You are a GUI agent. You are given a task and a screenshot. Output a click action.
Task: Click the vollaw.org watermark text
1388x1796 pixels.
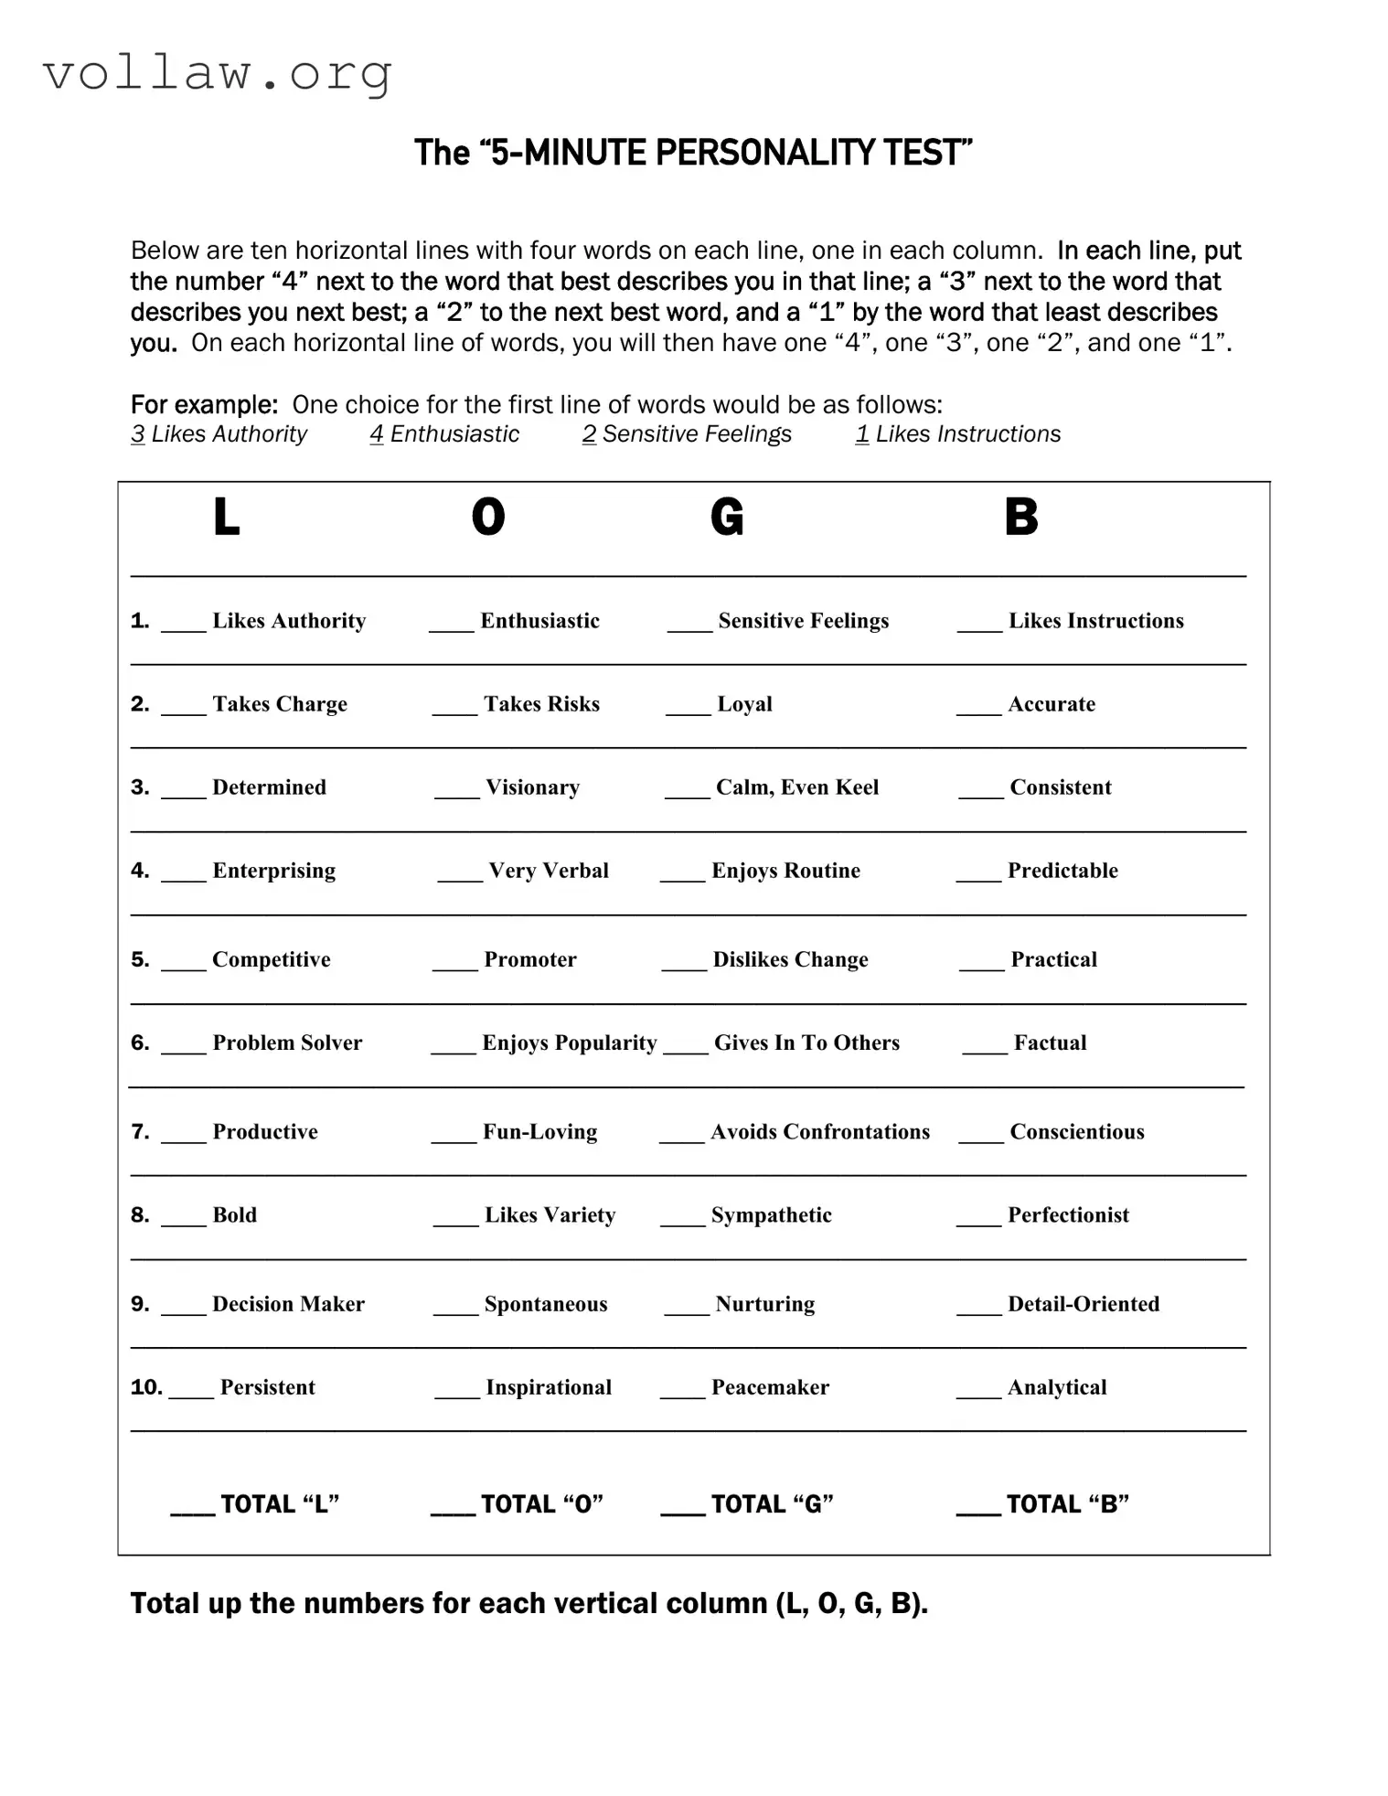218,73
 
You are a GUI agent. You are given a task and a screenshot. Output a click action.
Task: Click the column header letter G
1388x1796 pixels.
727,518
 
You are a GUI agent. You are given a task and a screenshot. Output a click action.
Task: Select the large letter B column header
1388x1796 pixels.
1020,518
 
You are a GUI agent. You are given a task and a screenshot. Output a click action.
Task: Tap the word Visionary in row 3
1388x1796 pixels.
532,787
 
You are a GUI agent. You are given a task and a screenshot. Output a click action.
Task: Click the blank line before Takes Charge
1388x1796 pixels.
184,710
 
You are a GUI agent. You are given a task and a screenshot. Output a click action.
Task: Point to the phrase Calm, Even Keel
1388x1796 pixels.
796,787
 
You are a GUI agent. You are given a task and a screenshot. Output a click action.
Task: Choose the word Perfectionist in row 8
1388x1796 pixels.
1068,1215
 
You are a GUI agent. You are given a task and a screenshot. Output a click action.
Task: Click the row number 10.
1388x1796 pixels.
146,1387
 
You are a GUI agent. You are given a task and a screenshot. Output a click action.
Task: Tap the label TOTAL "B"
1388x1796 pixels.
1067,1504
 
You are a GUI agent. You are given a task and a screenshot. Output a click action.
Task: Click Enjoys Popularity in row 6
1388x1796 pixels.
569,1043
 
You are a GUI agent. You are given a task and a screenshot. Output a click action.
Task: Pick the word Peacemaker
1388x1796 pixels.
770,1387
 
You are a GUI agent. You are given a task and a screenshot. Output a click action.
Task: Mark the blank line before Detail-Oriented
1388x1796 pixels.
978,1310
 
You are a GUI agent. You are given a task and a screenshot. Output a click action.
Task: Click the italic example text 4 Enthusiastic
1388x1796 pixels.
444,434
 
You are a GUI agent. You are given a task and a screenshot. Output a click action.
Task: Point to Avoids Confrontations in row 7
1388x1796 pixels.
819,1132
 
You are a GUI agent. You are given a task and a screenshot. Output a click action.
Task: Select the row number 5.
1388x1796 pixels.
140,959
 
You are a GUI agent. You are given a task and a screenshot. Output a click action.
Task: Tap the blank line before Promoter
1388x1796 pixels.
454,966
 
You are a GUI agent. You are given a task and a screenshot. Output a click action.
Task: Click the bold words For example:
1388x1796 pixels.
204,404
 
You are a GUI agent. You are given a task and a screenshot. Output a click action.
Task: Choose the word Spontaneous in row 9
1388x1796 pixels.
545,1304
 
